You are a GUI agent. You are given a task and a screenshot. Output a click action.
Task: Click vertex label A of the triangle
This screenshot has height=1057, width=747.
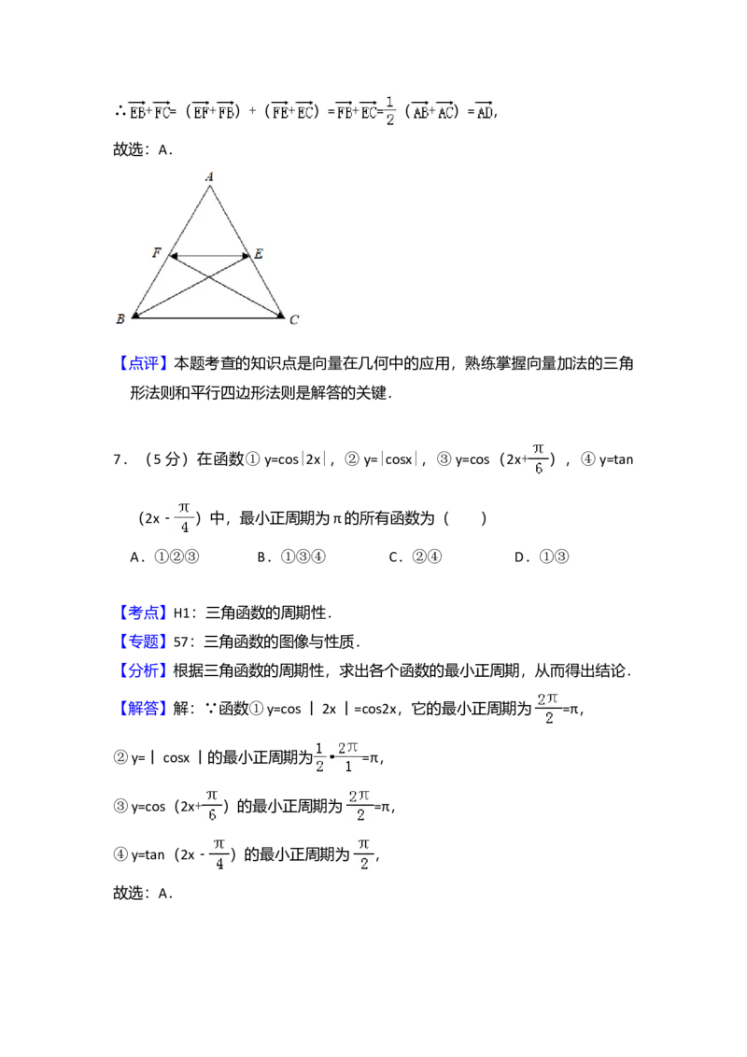(x=209, y=175)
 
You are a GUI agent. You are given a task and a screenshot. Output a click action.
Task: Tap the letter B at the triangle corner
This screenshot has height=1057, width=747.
(x=120, y=320)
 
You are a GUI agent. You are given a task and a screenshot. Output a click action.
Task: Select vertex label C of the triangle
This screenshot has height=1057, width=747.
(x=294, y=320)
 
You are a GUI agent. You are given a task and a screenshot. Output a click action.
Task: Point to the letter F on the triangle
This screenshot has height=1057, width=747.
(x=157, y=253)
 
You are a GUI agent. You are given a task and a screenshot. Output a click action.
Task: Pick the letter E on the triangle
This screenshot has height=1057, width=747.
(x=259, y=253)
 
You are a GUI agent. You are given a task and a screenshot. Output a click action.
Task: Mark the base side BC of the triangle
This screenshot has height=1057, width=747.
(x=207, y=317)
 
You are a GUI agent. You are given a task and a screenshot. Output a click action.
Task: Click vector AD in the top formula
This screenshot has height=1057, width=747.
(x=483, y=113)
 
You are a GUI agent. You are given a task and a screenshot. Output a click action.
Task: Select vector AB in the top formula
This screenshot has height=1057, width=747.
(x=420, y=113)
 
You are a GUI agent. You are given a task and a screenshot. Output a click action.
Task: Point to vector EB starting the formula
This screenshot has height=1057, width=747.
(x=137, y=113)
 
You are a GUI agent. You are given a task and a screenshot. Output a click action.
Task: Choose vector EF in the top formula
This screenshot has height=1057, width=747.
(x=202, y=113)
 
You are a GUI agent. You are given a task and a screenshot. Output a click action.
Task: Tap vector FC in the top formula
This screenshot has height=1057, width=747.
(x=162, y=113)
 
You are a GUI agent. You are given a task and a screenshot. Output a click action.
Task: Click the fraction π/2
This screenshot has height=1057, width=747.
(x=365, y=854)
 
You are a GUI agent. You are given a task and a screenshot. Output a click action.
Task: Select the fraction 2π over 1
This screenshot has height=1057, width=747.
(x=349, y=757)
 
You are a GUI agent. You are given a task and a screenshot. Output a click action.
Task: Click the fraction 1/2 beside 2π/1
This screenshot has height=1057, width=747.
(x=318, y=757)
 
